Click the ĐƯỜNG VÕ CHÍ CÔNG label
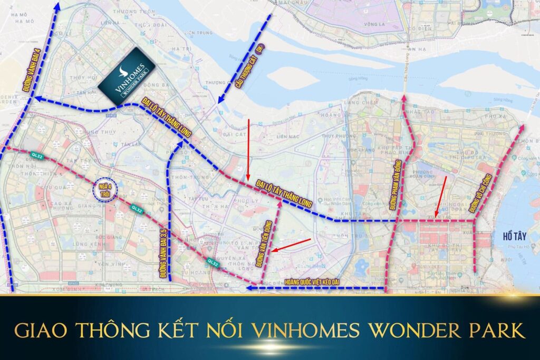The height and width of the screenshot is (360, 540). (x=485, y=187)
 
